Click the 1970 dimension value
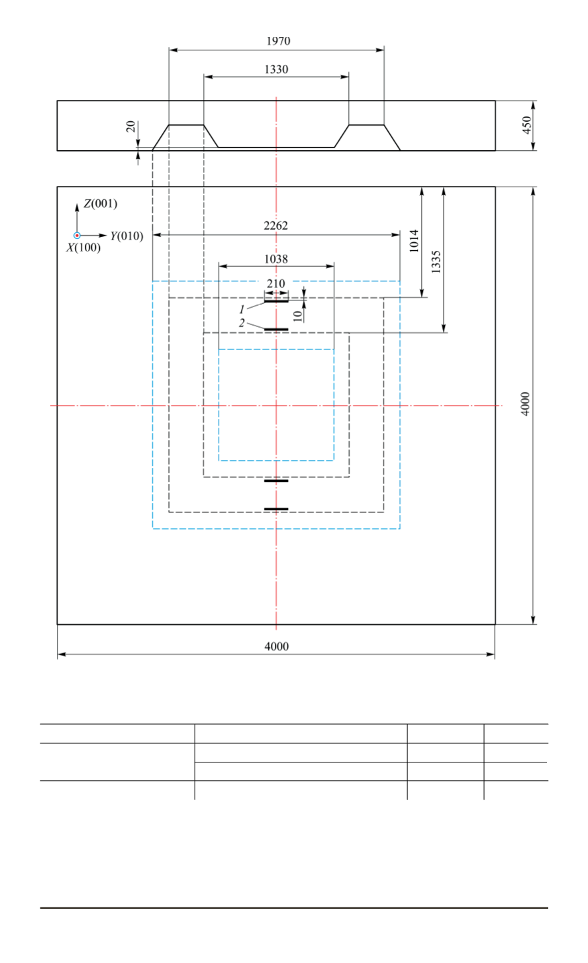tap(278, 41)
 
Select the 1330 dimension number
tap(276, 69)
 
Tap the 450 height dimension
tap(526, 125)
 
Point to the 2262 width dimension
tap(275, 226)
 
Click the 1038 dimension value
tap(275, 259)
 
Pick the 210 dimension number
tap(275, 283)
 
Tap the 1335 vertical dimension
tap(435, 261)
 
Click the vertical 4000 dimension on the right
tap(525, 404)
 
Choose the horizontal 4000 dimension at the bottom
tap(276, 646)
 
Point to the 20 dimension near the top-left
tap(131, 126)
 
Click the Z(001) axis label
tap(100, 203)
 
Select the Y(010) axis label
tap(126, 236)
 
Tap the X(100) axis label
tap(83, 248)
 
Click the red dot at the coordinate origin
tap(77, 236)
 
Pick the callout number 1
tap(242, 309)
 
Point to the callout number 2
tap(242, 323)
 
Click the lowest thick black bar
tap(276, 509)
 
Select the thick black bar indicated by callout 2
tap(276, 329)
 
